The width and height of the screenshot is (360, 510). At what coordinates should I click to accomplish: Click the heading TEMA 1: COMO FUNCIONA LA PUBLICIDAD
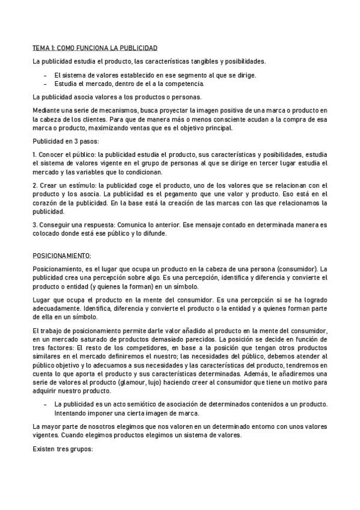(x=95, y=48)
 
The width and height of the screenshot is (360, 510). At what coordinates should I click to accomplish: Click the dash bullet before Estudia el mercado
(x=47, y=84)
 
